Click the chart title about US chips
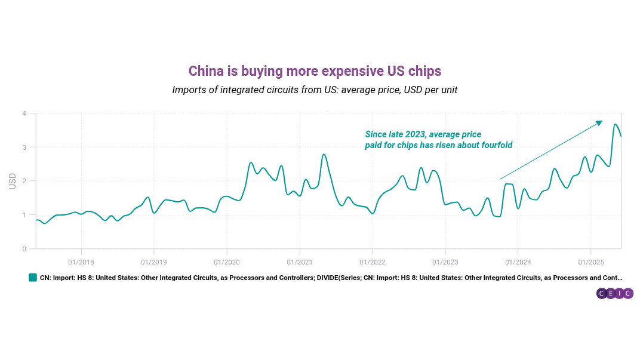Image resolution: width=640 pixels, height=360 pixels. click(x=315, y=71)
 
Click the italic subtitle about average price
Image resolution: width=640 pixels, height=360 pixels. click(x=315, y=90)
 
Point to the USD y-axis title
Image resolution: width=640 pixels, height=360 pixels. click(x=13, y=181)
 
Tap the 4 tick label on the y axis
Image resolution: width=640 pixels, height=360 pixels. click(x=24, y=113)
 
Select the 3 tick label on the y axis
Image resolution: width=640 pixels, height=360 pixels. click(x=24, y=147)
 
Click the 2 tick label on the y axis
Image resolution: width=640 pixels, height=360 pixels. click(x=24, y=181)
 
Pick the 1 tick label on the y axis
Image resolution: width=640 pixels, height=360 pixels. click(x=24, y=215)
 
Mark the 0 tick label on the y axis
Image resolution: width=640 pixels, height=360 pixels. click(x=24, y=249)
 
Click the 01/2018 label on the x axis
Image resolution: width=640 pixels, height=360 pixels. click(x=81, y=261)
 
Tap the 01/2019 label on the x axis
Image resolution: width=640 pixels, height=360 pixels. click(x=154, y=261)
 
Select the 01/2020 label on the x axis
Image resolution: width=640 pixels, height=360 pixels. click(x=227, y=261)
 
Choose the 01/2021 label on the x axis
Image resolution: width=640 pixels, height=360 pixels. click(x=300, y=261)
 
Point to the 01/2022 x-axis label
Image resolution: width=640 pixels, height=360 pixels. click(x=373, y=261)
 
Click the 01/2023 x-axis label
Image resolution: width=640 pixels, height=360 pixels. click(x=445, y=261)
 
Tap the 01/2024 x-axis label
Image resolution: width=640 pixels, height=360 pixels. click(x=518, y=261)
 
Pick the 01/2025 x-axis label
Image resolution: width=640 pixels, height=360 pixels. click(x=590, y=261)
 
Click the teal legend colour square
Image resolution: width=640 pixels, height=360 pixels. click(x=33, y=278)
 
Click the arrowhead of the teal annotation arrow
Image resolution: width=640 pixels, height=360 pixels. click(x=599, y=123)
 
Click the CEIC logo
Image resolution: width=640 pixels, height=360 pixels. click(x=614, y=293)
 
